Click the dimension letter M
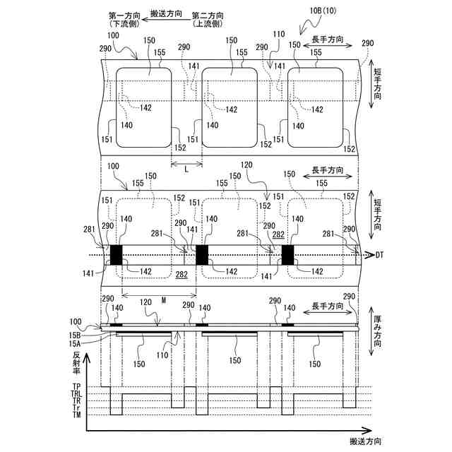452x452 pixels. coord(163,300)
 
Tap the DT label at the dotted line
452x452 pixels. coord(379,254)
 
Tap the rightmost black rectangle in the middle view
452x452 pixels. coord(288,254)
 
